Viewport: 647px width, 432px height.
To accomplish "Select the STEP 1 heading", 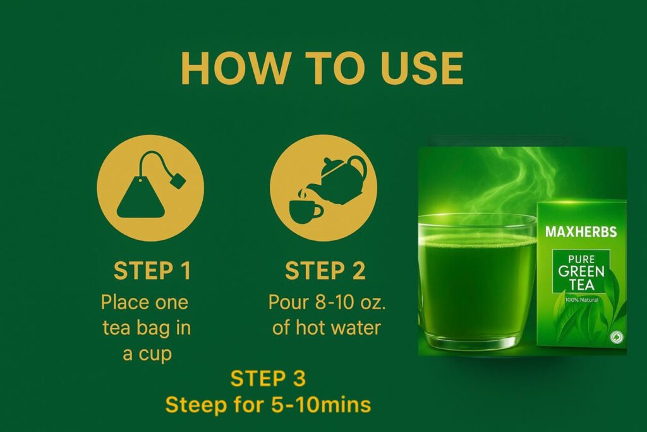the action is point(152,271).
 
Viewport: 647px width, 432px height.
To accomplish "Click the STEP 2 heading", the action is point(325,271).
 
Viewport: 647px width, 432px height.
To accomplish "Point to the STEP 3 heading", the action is point(268,379).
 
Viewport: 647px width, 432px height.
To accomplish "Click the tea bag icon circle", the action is point(150,188).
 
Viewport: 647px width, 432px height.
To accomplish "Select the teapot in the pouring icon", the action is point(343,180).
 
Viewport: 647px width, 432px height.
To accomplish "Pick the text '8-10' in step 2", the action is point(329,302).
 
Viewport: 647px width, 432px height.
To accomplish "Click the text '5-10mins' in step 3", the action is point(321,405).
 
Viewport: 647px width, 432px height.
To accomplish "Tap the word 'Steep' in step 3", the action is point(191,405).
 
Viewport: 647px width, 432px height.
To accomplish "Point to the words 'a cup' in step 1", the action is point(147,354).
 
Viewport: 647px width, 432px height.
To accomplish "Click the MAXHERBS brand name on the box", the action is point(581,231).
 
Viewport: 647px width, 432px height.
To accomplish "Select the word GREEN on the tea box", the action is point(581,271).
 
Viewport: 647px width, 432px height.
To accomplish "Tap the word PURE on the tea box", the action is point(581,259).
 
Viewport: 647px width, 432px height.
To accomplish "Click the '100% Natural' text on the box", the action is point(581,299).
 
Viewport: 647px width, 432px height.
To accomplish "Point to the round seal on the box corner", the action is point(617,337).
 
